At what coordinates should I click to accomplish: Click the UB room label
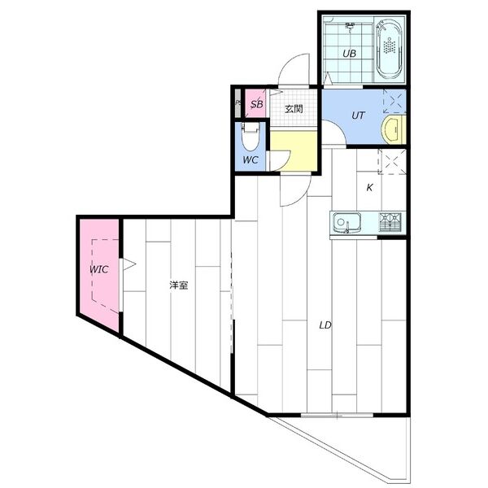[349, 54]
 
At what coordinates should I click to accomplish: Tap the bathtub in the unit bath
[390, 49]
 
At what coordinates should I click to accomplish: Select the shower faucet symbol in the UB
[351, 27]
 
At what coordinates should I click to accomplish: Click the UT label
[358, 115]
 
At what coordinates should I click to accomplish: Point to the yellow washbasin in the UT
[394, 129]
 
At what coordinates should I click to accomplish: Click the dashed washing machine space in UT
[394, 101]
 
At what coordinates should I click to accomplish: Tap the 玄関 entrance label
[294, 109]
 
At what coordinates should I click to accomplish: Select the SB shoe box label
[257, 104]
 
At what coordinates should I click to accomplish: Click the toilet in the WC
[251, 137]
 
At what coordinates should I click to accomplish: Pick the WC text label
[251, 160]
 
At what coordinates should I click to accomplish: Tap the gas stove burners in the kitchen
[390, 222]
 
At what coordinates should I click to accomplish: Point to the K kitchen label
[369, 187]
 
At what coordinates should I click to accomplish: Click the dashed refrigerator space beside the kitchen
[392, 162]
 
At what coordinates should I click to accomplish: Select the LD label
[325, 325]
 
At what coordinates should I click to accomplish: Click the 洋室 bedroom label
[179, 285]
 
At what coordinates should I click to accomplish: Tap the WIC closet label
[99, 269]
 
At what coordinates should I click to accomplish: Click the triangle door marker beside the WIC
[129, 264]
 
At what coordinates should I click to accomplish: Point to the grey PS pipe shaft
[237, 103]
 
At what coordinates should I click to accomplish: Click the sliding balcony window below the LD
[337, 415]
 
